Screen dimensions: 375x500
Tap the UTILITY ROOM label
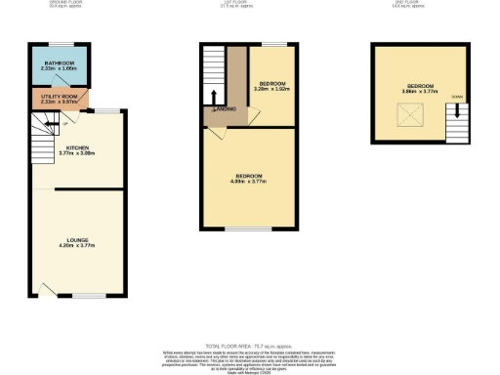tap(59, 97)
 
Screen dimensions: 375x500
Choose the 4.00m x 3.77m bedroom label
tap(248, 179)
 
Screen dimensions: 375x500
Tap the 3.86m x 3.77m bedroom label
tap(421, 88)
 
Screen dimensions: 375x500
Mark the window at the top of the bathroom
tap(60, 42)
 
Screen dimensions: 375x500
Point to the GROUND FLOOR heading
tap(65, 3)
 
